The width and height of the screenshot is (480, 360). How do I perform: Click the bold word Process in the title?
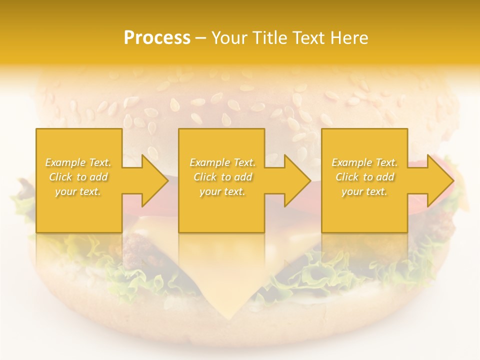click(157, 38)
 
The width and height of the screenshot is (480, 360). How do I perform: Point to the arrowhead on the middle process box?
click(297, 180)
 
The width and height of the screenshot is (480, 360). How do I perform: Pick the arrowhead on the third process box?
click(440, 180)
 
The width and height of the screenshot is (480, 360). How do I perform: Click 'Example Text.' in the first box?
click(78, 162)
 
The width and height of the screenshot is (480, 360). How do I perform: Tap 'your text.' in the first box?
click(78, 191)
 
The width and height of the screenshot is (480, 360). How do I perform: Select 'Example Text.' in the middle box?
click(222, 162)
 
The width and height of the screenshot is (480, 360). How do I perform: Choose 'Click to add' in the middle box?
click(222, 177)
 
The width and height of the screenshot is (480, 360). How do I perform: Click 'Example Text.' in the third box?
click(364, 162)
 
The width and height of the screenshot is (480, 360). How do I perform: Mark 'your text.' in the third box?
click(364, 191)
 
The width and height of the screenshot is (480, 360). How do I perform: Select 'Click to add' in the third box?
click(364, 177)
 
